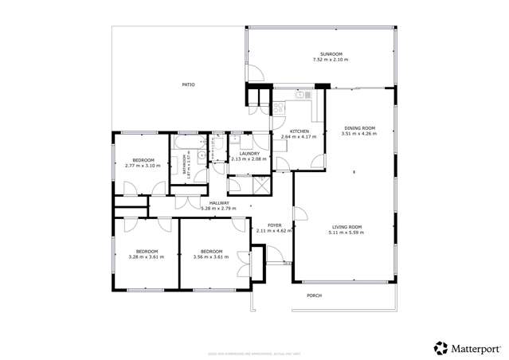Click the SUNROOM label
point(321,54)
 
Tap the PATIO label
point(188,84)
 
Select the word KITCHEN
point(299,131)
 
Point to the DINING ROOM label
point(359,128)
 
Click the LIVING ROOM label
point(347,227)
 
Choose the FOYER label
point(274,225)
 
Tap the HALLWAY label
point(219,203)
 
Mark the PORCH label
point(315,295)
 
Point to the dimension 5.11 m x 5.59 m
point(347,233)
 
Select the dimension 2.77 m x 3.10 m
point(143,166)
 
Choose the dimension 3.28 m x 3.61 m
point(146,256)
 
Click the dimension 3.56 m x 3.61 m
point(210,256)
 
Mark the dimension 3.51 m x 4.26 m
point(359,134)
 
